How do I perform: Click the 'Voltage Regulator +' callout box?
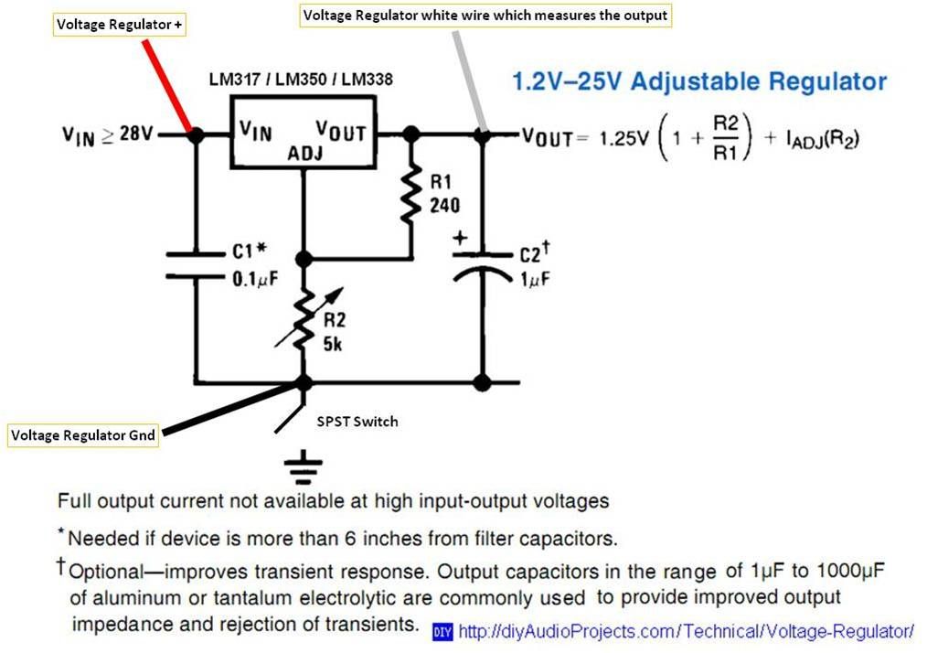click(x=120, y=26)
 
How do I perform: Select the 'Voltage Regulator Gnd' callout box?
click(x=82, y=435)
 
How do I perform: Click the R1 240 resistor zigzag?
click(x=411, y=193)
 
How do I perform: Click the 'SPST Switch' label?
click(x=357, y=422)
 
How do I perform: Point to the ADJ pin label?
click(x=304, y=155)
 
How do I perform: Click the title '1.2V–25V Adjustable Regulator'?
click(x=699, y=81)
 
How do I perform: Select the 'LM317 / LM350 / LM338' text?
click(x=301, y=80)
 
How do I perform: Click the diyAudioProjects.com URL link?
click(x=686, y=631)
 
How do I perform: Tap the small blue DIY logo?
click(x=442, y=632)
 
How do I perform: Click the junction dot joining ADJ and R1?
click(x=304, y=260)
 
